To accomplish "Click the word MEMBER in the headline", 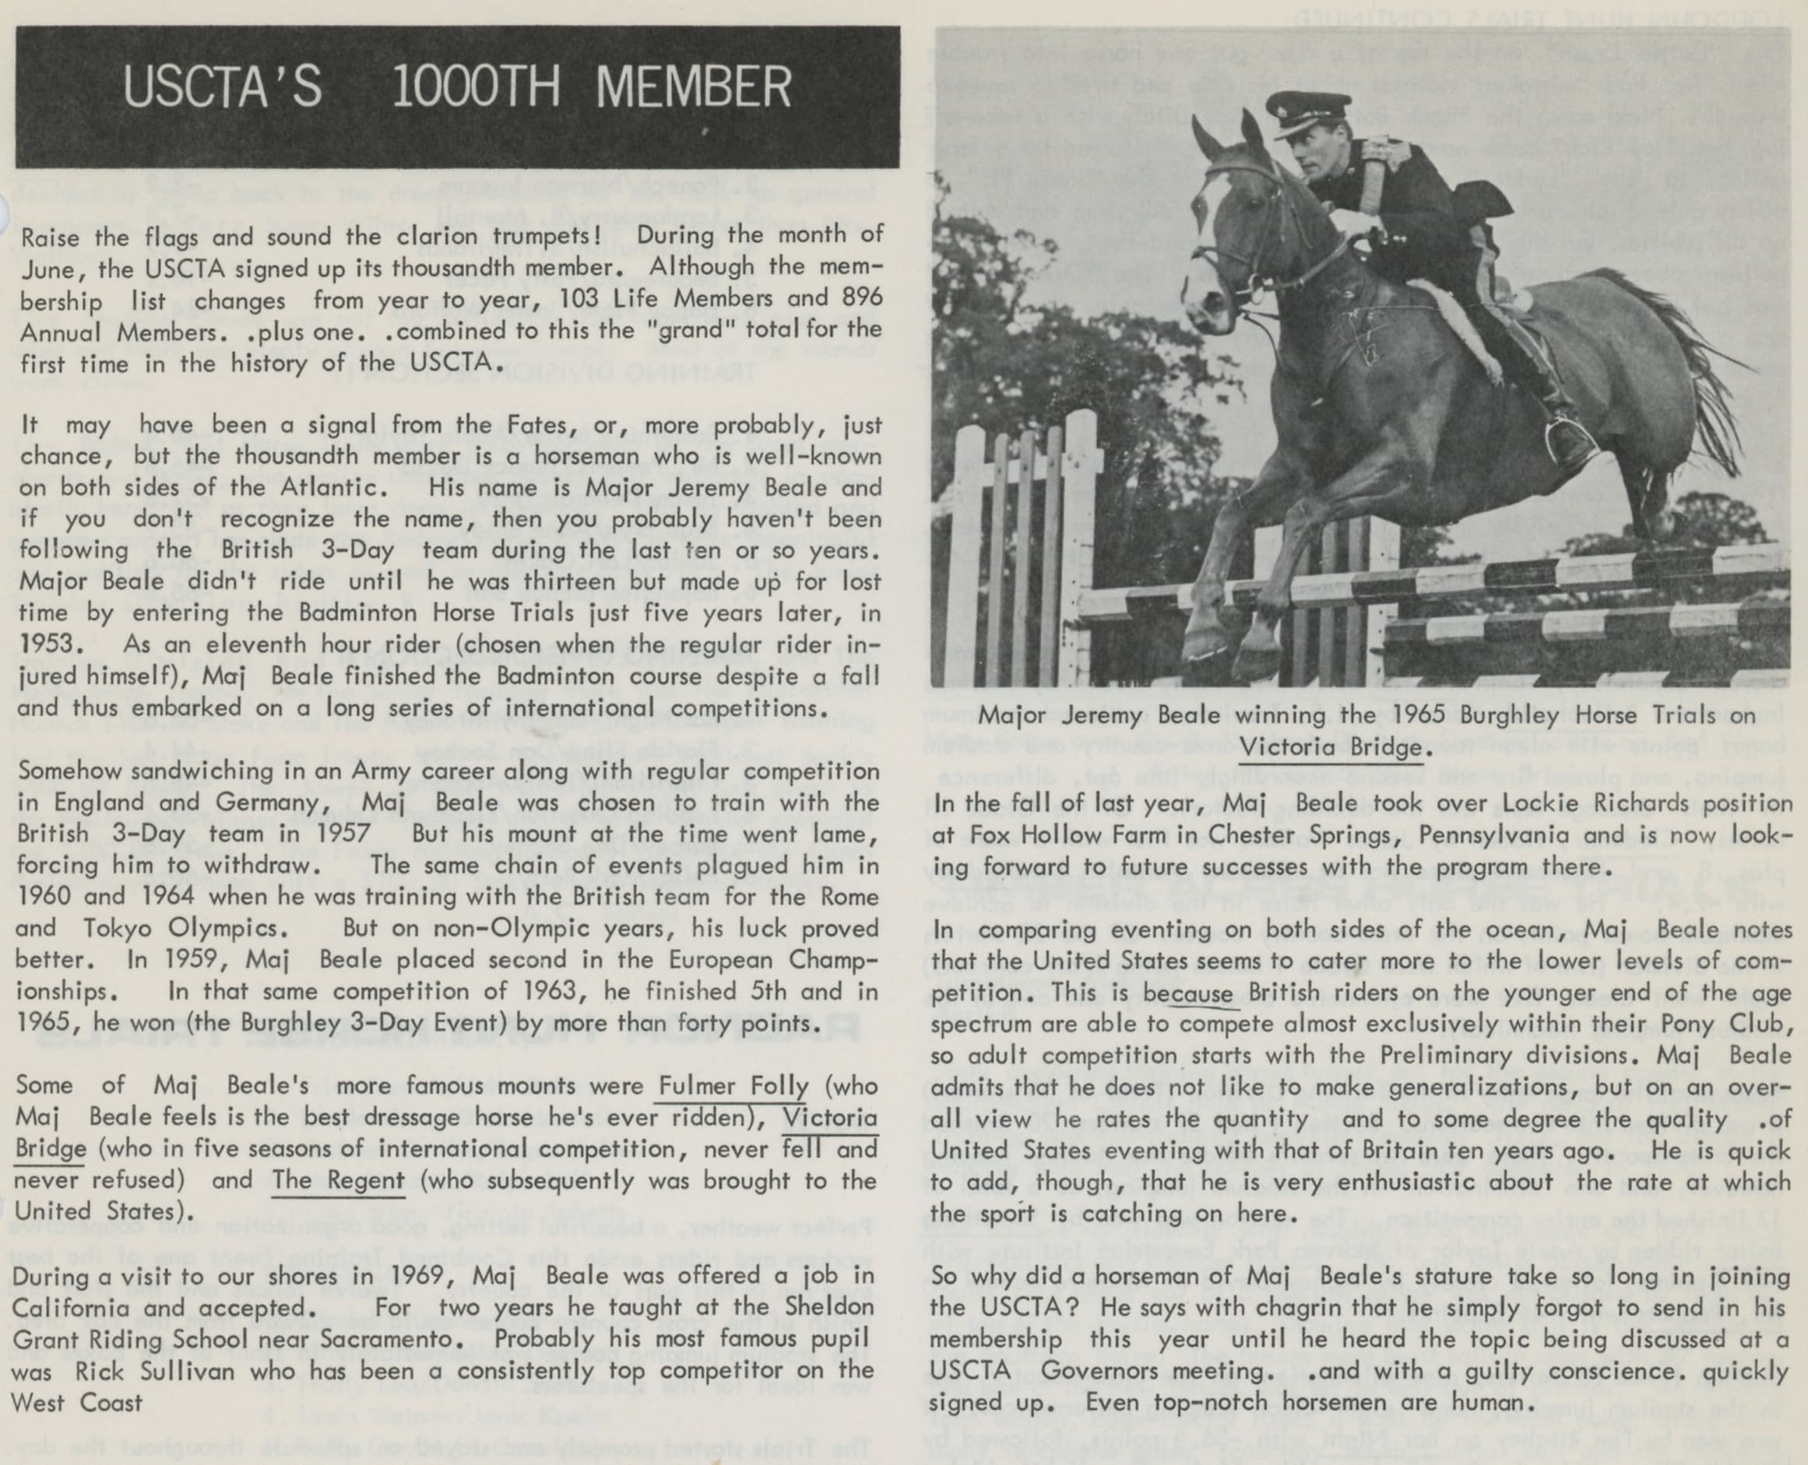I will pyautogui.click(x=694, y=87).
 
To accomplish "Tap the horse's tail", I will pyautogui.click(x=1680, y=354).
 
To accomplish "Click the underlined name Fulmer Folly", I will pyautogui.click(x=733, y=1086).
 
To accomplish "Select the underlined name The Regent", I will pyautogui.click(x=339, y=1180).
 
